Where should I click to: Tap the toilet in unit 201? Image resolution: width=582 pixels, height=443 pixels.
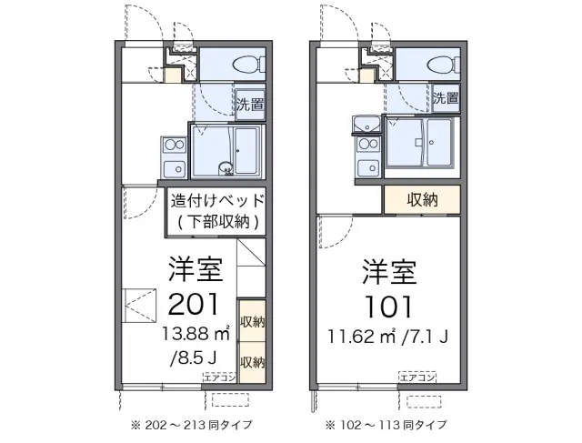[x=248, y=63]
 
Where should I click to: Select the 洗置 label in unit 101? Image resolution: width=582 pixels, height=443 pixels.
[x=446, y=98]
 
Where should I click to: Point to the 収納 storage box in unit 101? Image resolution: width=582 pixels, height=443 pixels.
[x=420, y=198]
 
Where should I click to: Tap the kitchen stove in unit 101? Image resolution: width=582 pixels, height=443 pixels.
[x=368, y=155]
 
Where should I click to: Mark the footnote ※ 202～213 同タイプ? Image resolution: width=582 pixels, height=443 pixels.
[x=191, y=424]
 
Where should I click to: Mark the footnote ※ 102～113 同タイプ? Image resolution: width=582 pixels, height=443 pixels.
[x=388, y=424]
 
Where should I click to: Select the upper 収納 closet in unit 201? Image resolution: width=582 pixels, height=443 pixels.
[x=252, y=321]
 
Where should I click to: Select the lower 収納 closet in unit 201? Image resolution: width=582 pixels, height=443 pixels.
[x=252, y=358]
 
